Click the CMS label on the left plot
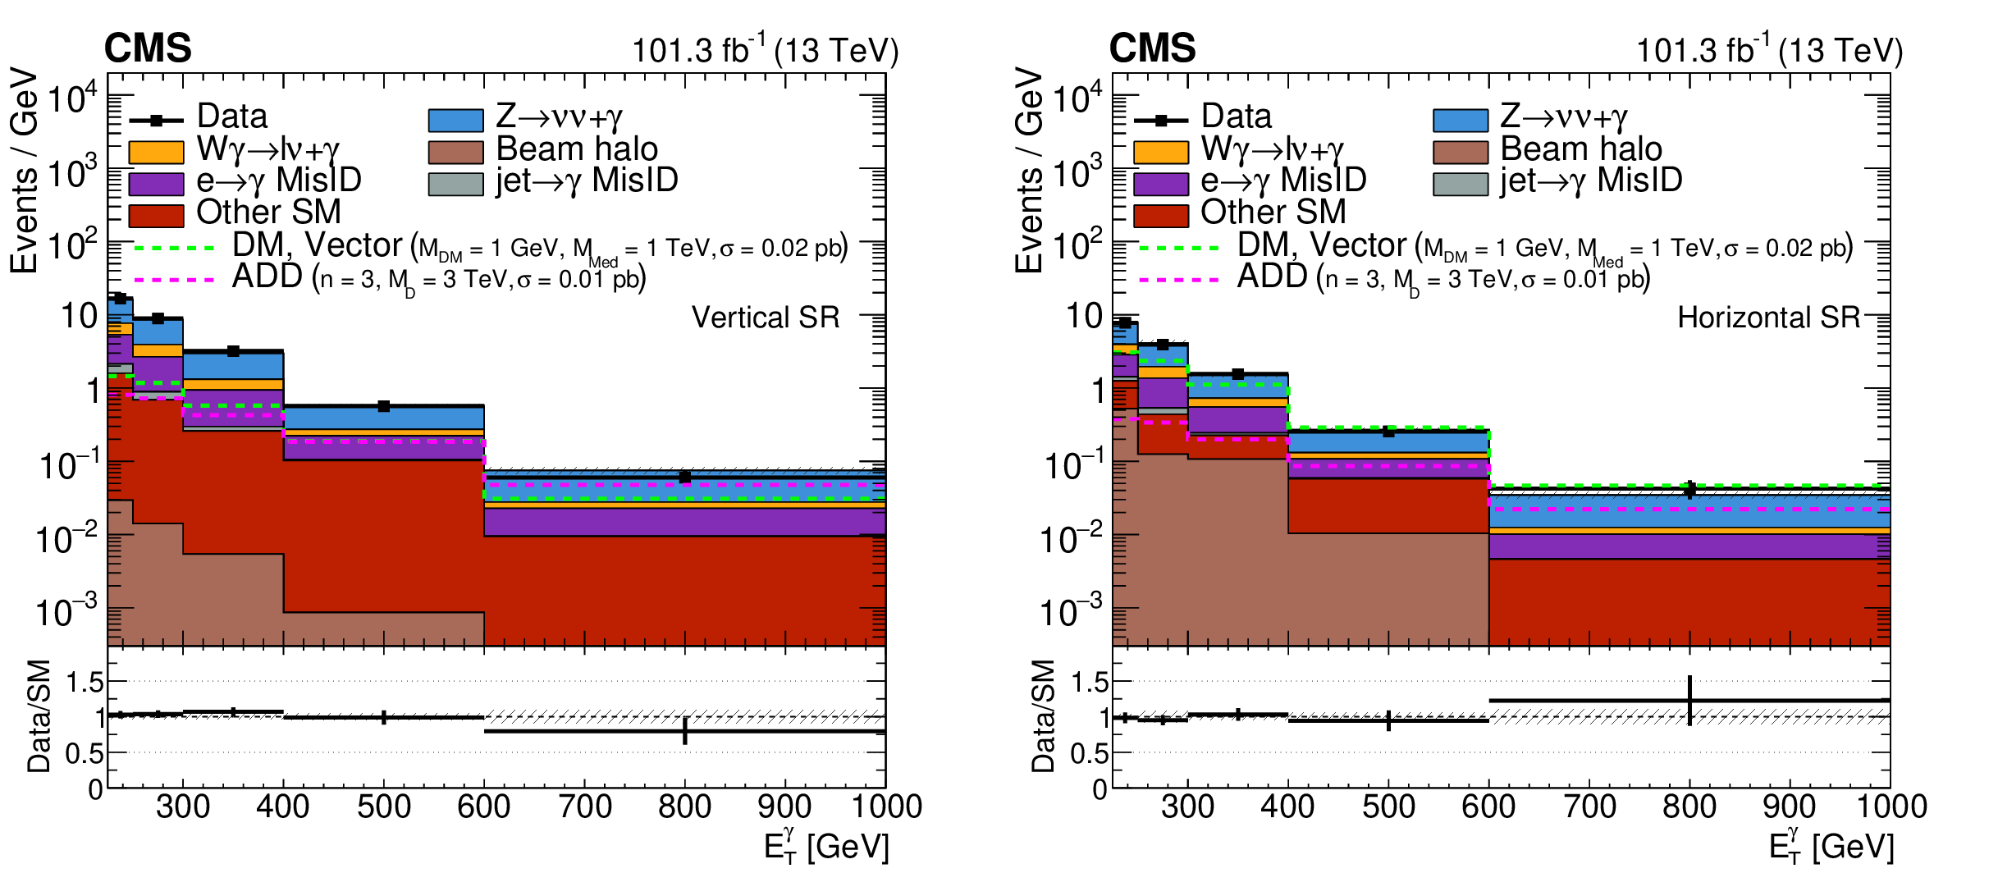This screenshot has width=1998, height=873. point(148,48)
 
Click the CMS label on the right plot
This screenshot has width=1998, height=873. point(1152,48)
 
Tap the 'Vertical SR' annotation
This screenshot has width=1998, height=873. point(766,318)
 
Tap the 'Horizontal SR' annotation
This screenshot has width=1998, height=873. point(1768,318)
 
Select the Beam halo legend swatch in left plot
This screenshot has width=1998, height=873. point(455,153)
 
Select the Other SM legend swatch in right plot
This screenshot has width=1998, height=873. point(1160,216)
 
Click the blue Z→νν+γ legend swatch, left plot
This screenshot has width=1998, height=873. point(455,121)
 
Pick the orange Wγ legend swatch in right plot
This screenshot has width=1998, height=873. point(1160,153)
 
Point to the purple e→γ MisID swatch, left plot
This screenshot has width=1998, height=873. point(156,184)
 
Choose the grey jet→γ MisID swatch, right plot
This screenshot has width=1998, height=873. point(1460,184)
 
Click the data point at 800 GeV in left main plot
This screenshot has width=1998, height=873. point(684,477)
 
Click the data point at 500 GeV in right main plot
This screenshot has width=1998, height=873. point(1388,432)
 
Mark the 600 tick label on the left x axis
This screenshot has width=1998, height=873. point(484,807)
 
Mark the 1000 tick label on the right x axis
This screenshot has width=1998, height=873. point(1891,807)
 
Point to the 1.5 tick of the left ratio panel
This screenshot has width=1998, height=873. point(85,682)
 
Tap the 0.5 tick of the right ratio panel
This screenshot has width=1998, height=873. point(1090,753)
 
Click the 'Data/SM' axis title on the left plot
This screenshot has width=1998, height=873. point(39,715)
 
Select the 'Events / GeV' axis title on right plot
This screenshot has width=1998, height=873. point(1029,170)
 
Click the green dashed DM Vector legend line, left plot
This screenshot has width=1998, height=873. point(173,247)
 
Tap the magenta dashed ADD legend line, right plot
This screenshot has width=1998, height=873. point(1178,280)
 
